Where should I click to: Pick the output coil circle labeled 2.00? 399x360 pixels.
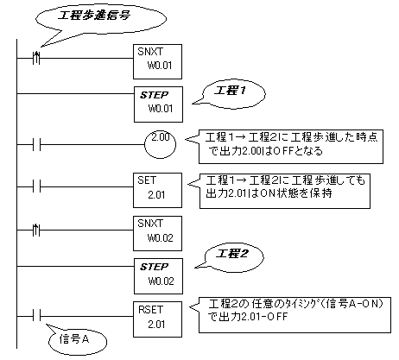click(159, 138)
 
